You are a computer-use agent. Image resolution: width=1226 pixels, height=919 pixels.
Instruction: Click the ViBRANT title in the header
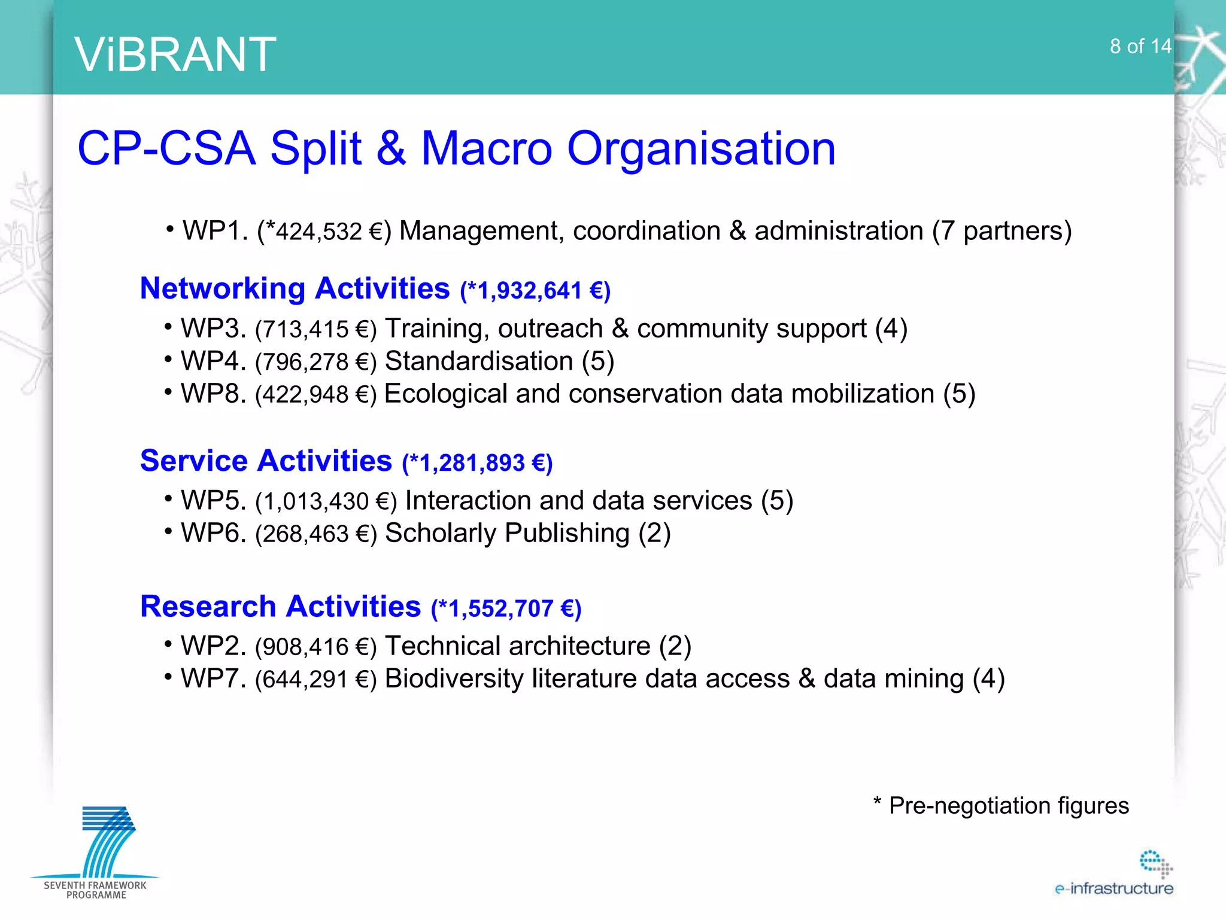point(175,54)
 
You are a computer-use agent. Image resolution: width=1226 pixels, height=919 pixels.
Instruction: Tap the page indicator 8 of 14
point(1140,46)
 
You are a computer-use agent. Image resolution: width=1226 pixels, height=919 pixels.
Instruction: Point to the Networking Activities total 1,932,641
point(529,291)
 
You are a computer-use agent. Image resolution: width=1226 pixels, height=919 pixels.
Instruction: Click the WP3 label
point(213,328)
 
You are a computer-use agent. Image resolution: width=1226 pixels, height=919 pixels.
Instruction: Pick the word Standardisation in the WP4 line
point(479,361)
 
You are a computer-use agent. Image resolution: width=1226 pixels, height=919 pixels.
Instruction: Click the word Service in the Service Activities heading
point(194,461)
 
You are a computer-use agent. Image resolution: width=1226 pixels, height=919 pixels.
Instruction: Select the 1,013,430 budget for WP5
point(315,501)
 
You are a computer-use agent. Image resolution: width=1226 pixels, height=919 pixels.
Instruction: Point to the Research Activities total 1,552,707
point(500,608)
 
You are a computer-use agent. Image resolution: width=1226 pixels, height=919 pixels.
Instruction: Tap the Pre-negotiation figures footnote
point(1002,805)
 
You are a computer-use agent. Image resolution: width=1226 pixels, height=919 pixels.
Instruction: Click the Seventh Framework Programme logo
point(96,852)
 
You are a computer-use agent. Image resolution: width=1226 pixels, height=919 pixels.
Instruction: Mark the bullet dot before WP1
point(171,229)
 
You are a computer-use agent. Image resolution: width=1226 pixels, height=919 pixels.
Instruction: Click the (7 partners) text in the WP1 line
point(1002,232)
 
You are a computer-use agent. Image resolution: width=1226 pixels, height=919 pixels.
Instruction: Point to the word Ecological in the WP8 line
point(446,394)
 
